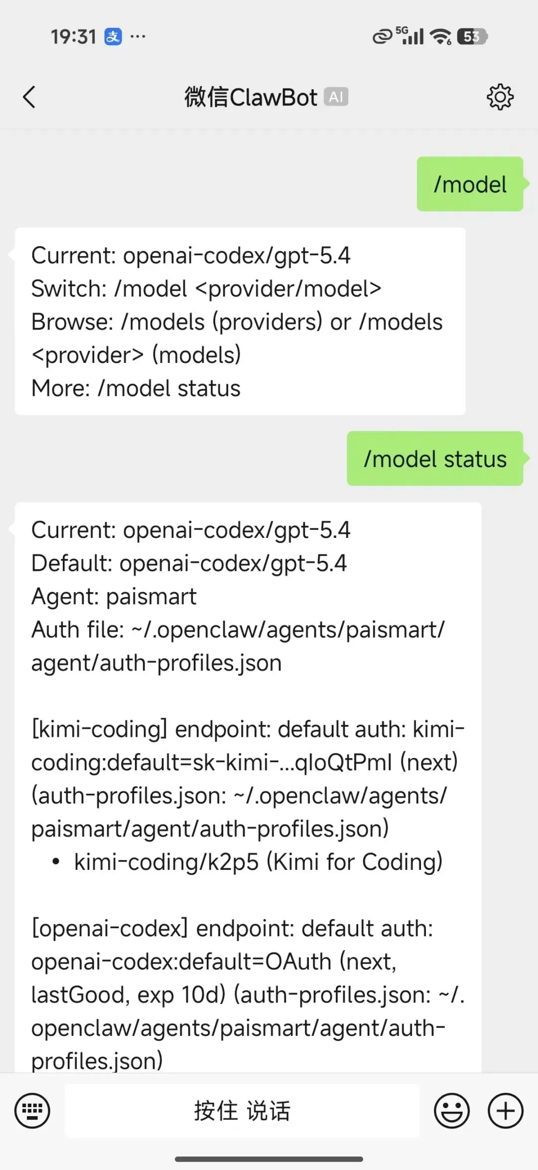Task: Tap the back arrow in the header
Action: pyautogui.click(x=29, y=97)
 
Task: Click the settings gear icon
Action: pyautogui.click(x=500, y=97)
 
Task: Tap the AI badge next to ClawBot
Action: pyautogui.click(x=336, y=97)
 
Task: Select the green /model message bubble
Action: pyautogui.click(x=470, y=184)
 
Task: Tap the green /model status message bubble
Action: pyautogui.click(x=435, y=459)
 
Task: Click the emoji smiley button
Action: pyautogui.click(x=451, y=1111)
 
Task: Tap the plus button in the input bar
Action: pyautogui.click(x=505, y=1111)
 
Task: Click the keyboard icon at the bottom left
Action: pyautogui.click(x=32, y=1111)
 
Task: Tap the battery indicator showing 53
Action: pyautogui.click(x=472, y=36)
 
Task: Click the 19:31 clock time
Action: pyautogui.click(x=73, y=37)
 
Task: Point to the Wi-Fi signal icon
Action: pyautogui.click(x=440, y=36)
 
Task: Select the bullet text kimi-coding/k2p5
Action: pyautogui.click(x=166, y=862)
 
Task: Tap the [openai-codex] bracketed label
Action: pyautogui.click(x=110, y=929)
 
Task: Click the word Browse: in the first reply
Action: pyautogui.click(x=72, y=322)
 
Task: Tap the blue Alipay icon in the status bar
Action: pyautogui.click(x=113, y=36)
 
